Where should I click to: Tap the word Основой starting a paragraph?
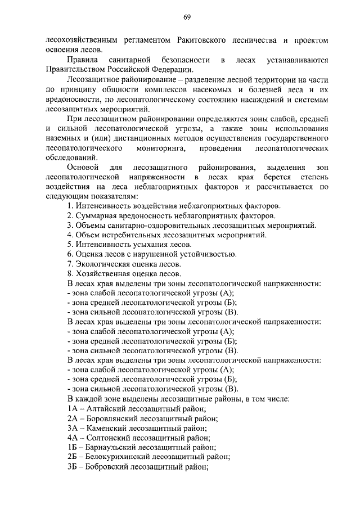(83, 168)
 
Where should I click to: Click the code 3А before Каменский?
(71, 428)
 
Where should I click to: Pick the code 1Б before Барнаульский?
(71, 447)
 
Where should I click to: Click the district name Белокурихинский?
(119, 457)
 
